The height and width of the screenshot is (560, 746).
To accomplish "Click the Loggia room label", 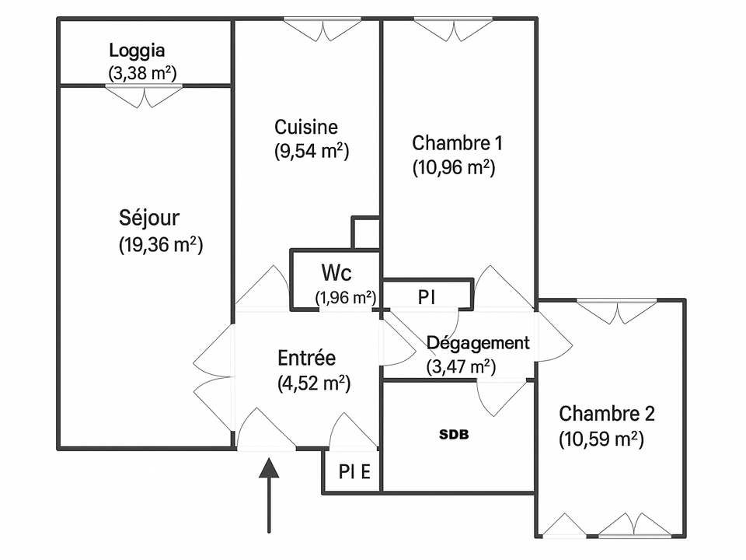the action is pyautogui.click(x=137, y=51).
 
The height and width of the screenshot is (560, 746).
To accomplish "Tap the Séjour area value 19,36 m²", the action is pyautogui.click(x=161, y=245).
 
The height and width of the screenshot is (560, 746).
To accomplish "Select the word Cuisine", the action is pyautogui.click(x=306, y=127).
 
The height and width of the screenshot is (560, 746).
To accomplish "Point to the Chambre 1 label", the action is pyautogui.click(x=457, y=143).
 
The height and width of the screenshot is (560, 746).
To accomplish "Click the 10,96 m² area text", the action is pyautogui.click(x=454, y=168).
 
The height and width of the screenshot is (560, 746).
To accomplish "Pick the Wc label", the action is pyautogui.click(x=336, y=273).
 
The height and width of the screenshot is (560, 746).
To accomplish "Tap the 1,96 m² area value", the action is pyautogui.click(x=346, y=298).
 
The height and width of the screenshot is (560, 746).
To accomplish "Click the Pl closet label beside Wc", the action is pyautogui.click(x=427, y=298).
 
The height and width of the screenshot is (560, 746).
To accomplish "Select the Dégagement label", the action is pyautogui.click(x=478, y=343).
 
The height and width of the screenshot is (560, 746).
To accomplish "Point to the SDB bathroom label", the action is pyautogui.click(x=454, y=434).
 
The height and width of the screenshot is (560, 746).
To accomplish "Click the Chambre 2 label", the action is pyautogui.click(x=607, y=414).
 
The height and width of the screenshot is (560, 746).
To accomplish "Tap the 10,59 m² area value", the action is pyautogui.click(x=601, y=439).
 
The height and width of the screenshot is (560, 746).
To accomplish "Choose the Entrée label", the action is pyautogui.click(x=306, y=358).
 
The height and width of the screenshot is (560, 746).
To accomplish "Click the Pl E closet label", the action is pyautogui.click(x=354, y=472).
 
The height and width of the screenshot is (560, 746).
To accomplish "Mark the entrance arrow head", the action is pyautogui.click(x=270, y=467).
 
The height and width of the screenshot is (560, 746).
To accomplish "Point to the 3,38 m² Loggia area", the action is pyautogui.click(x=143, y=74).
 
